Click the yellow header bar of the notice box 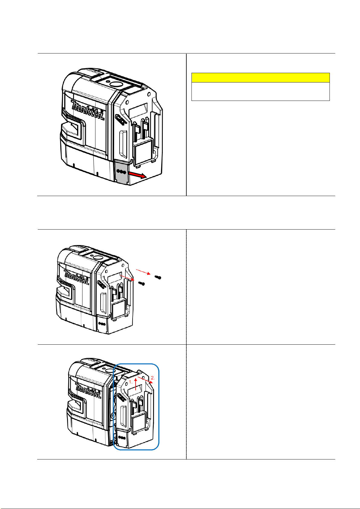point(261,78)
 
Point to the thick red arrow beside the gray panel point(137,175)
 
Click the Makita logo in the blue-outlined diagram point(88,391)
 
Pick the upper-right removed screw point(158,277)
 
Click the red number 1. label point(130,382)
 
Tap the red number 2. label point(153,378)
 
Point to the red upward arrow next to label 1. point(136,384)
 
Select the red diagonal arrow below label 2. point(145,380)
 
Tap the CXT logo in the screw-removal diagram point(101,284)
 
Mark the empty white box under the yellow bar point(261,91)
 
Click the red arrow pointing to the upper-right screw point(143,272)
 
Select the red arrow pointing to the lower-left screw point(127,278)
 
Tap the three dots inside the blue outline point(122,437)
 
